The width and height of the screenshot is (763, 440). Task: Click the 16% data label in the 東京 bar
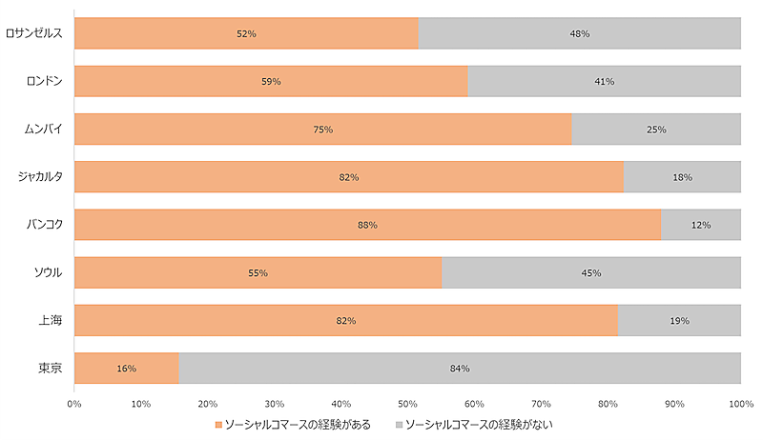coord(127,369)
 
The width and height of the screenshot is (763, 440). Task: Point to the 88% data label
coord(368,225)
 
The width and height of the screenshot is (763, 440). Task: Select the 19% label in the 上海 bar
coord(679,321)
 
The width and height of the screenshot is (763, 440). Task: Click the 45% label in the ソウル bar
coord(590,273)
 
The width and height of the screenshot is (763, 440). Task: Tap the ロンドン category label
coord(45,81)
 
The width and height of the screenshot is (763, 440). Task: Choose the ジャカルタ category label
coord(40,176)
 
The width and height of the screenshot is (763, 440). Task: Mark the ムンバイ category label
coord(45,129)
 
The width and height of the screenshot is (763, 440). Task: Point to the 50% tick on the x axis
coord(408,404)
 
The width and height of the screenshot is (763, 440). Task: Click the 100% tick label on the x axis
coord(741,404)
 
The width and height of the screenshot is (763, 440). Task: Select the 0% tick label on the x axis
coord(74,404)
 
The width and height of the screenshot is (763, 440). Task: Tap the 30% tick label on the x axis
coord(275,404)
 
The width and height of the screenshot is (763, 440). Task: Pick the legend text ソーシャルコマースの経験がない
coord(479,424)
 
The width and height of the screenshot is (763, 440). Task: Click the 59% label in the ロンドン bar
coord(271,82)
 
